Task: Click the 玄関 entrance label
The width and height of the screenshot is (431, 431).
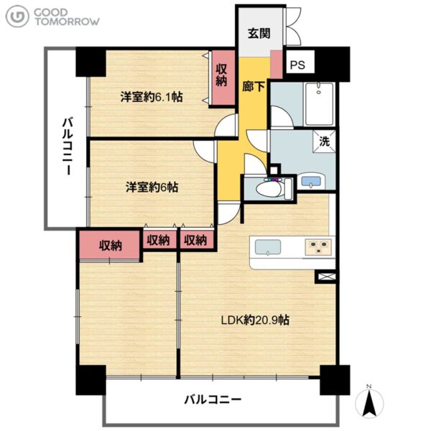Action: pos(259,33)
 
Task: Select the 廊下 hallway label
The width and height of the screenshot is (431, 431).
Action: pos(253,87)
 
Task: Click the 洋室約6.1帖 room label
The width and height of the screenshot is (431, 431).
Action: pos(151,97)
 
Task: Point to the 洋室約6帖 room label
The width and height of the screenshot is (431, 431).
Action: pos(152,187)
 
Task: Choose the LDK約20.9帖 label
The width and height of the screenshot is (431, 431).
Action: pos(255,320)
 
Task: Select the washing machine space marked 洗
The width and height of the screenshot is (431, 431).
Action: pos(324,142)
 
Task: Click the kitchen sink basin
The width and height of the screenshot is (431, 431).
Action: pos(268,247)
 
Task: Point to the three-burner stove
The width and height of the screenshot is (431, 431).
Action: pos(318,247)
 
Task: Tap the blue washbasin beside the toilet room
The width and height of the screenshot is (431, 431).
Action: pos(311,182)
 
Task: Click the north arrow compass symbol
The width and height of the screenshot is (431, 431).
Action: pos(369,402)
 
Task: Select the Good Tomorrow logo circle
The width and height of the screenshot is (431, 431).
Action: pos(17,17)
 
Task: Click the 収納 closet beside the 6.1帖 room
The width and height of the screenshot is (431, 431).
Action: pos(222,78)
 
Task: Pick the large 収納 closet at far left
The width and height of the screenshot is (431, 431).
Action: pos(109,245)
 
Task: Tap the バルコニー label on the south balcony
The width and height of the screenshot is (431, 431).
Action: pos(213,399)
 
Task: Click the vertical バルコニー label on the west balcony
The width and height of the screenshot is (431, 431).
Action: pos(68,147)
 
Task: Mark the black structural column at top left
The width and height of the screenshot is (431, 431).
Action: pos(91,62)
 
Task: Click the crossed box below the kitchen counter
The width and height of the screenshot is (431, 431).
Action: pos(326,277)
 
